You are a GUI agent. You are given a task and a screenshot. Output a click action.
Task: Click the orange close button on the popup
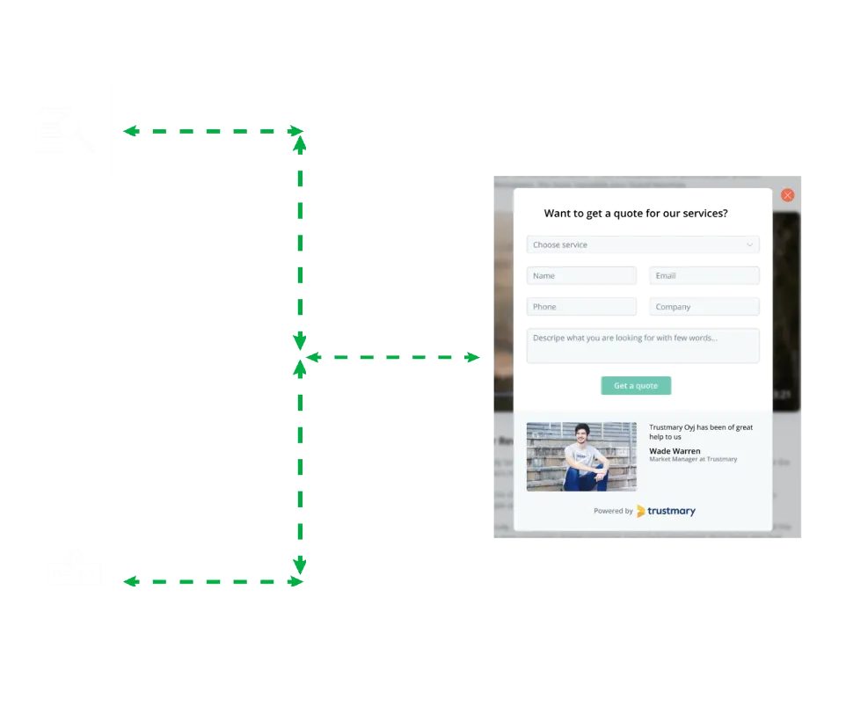(787, 195)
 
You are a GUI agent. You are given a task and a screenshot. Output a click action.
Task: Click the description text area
(642, 346)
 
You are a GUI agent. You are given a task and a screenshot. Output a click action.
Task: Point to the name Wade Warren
(675, 451)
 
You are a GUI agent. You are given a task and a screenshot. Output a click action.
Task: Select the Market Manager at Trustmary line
(693, 460)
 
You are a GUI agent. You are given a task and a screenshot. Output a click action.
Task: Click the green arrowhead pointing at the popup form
(475, 358)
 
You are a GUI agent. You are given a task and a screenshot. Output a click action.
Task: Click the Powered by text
(612, 511)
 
